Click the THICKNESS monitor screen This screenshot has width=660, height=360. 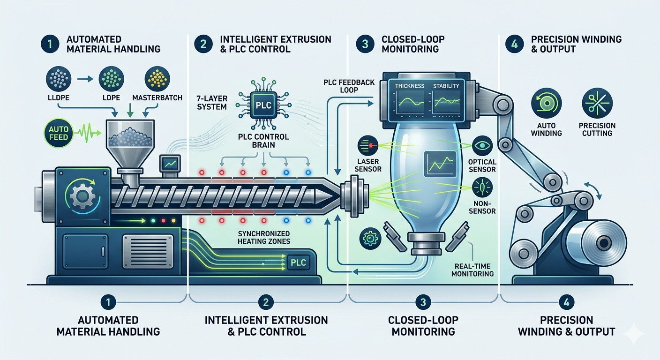[409, 101]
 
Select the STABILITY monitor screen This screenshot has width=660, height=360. [446, 101]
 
